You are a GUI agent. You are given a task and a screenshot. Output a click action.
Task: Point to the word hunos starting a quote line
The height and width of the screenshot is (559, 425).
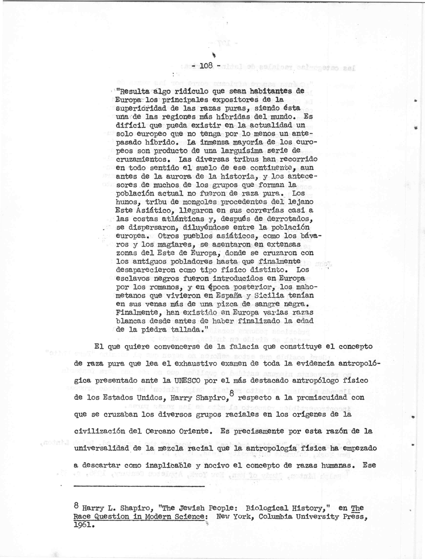tap(128, 202)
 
